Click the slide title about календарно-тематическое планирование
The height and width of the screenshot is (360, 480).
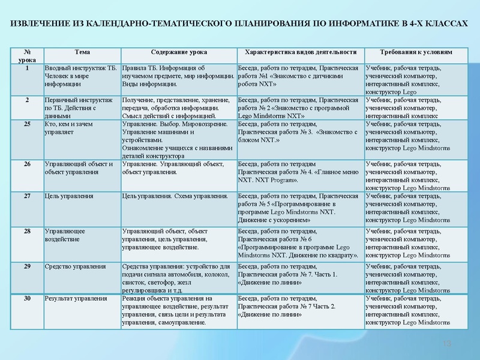click(239, 22)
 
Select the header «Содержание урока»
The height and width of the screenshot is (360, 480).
click(179, 52)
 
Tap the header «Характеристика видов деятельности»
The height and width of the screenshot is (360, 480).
click(301, 52)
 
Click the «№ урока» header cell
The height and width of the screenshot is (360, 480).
click(26, 56)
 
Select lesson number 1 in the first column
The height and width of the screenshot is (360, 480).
click(26, 68)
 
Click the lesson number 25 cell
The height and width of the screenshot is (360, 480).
click(26, 124)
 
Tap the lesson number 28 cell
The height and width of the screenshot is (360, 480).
click(26, 230)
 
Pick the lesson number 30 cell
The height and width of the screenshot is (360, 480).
click(26, 298)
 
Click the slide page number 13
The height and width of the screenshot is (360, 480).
click(446, 343)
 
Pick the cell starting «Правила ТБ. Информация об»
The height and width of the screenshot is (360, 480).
click(178, 76)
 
